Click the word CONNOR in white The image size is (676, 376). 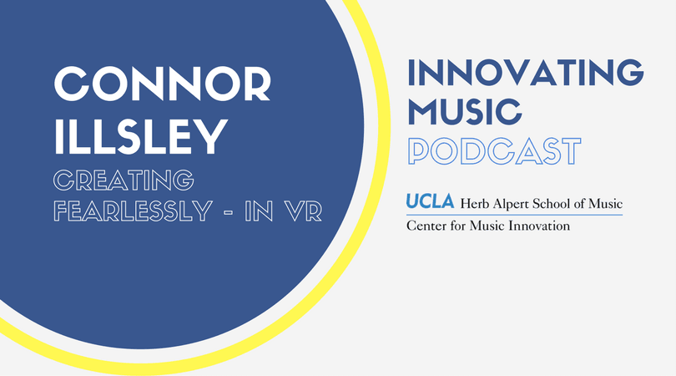click(x=163, y=84)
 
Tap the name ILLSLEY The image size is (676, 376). click(x=140, y=136)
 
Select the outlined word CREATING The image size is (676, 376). click(x=124, y=180)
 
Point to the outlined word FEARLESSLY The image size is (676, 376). click(x=134, y=211)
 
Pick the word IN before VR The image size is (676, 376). click(x=259, y=211)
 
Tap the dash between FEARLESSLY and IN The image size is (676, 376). click(x=229, y=211)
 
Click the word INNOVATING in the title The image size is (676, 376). click(x=526, y=72)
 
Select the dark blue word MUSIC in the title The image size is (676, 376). click(x=465, y=112)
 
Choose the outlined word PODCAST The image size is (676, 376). click(x=495, y=151)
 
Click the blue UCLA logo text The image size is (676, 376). click(x=431, y=201)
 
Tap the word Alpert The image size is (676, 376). click(x=510, y=204)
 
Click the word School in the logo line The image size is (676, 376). click(x=551, y=203)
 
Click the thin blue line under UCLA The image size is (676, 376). click(x=514, y=215)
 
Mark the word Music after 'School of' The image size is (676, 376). click(x=606, y=203)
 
